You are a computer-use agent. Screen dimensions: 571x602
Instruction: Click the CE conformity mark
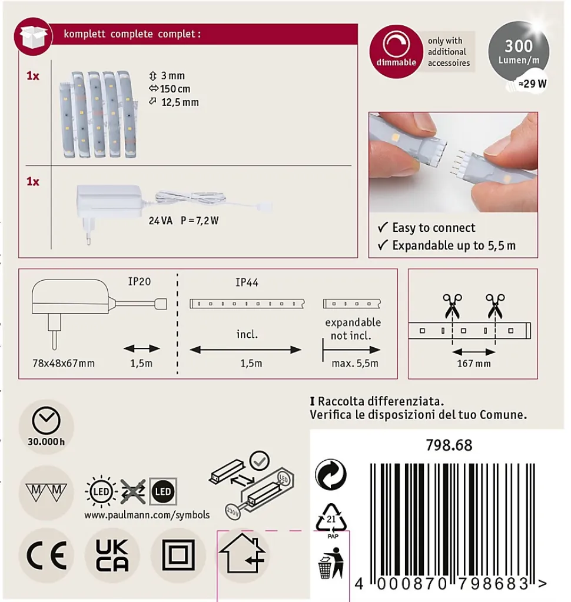pyautogui.click(x=47, y=555)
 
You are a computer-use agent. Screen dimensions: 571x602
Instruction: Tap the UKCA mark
pyautogui.click(x=112, y=555)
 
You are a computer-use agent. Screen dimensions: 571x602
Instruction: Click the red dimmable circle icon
pyautogui.click(x=396, y=51)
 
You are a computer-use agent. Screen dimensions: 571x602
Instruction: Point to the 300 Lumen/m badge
pyautogui.click(x=519, y=51)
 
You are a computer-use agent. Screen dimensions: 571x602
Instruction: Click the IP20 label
pyautogui.click(x=140, y=281)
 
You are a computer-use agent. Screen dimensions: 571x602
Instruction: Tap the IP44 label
pyautogui.click(x=247, y=282)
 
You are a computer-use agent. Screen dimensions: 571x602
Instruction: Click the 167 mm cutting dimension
pyautogui.click(x=474, y=363)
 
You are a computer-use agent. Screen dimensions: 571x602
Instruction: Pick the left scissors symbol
pyautogui.click(x=452, y=306)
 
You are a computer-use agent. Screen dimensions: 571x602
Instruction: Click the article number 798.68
pyautogui.click(x=449, y=445)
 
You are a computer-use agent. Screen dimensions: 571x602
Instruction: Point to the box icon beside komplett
pyautogui.click(x=33, y=36)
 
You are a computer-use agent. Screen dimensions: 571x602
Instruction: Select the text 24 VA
pyautogui.click(x=161, y=221)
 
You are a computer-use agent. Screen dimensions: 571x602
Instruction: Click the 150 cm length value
pyautogui.click(x=175, y=89)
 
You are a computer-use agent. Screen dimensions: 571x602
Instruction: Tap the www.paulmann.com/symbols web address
pyautogui.click(x=147, y=515)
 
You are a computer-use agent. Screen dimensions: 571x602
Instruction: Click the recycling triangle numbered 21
pyautogui.click(x=331, y=518)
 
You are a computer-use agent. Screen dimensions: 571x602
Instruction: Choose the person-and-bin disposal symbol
pyautogui.click(x=331, y=563)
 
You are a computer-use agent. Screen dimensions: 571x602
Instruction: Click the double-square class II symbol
pyautogui.click(x=178, y=555)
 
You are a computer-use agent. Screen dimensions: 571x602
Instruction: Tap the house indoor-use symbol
pyautogui.click(x=243, y=553)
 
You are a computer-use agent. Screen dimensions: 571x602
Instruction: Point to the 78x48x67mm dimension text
pyautogui.click(x=64, y=363)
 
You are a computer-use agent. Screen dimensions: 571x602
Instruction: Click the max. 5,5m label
pyautogui.click(x=355, y=363)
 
